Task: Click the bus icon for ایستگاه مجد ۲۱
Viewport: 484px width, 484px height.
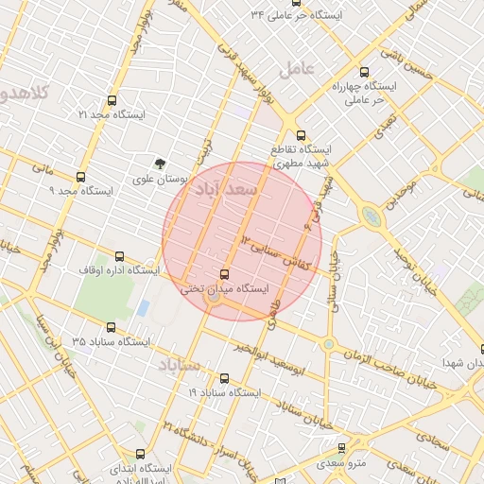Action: (x=112, y=100)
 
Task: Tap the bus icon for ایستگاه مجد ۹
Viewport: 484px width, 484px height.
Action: (x=80, y=177)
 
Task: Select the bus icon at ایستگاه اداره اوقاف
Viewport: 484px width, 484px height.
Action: (x=119, y=256)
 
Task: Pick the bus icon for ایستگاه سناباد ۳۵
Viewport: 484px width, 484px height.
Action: (x=112, y=327)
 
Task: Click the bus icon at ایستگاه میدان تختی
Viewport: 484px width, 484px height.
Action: (x=224, y=274)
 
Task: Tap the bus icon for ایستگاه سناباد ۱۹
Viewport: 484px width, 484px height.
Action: (x=224, y=378)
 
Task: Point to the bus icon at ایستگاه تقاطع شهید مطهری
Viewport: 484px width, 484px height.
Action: (x=301, y=135)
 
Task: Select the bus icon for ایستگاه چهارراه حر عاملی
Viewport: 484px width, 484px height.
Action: (x=365, y=72)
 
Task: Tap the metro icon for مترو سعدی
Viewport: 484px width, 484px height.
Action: (x=341, y=449)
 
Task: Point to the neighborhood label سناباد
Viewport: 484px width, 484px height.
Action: (x=180, y=365)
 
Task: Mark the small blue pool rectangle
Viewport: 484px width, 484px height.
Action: (x=143, y=308)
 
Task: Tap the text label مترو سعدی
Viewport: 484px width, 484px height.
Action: (x=341, y=464)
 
